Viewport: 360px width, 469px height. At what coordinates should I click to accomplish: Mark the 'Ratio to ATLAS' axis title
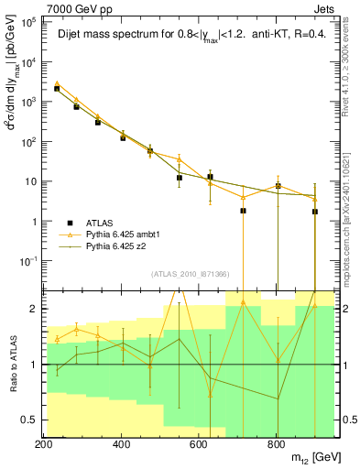click(11, 365)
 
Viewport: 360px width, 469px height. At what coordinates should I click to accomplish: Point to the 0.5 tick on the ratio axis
click(28, 420)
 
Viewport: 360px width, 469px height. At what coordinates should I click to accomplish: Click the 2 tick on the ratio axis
click(32, 309)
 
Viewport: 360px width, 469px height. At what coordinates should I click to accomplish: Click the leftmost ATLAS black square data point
click(57, 89)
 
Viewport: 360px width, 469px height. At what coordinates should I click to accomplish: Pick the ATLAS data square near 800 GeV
click(278, 186)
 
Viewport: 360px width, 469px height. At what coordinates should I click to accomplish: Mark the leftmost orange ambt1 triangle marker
click(57, 83)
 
